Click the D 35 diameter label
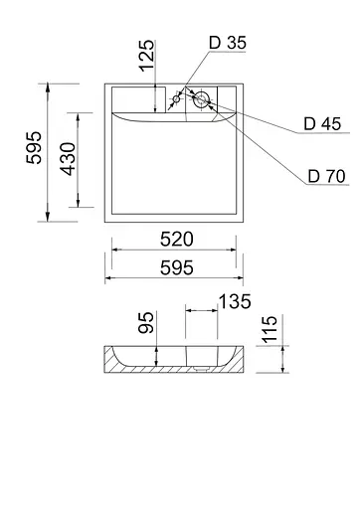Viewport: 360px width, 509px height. (228, 43)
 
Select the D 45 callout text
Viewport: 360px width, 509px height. (322, 124)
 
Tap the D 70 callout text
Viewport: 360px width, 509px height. (326, 176)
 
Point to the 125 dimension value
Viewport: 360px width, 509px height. (147, 56)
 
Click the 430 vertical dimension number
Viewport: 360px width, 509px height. (68, 159)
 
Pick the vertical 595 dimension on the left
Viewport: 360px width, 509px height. (34, 147)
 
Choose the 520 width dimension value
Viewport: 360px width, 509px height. (177, 239)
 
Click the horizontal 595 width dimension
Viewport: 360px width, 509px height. (177, 267)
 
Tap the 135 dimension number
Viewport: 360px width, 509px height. (235, 301)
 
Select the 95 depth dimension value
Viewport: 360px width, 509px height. (146, 322)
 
